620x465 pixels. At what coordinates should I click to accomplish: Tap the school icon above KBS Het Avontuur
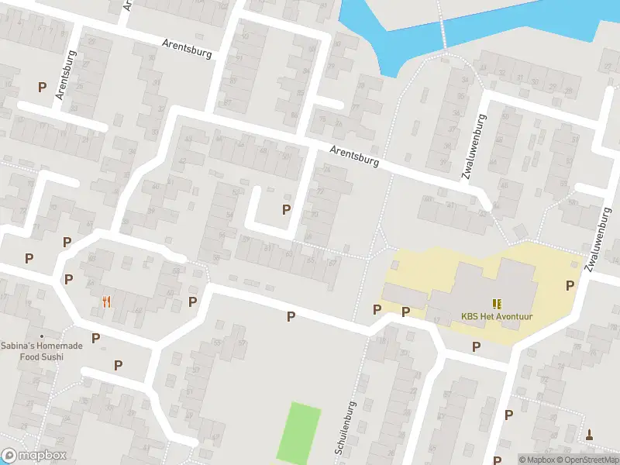(495, 303)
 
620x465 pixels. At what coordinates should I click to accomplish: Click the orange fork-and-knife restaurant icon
(106, 301)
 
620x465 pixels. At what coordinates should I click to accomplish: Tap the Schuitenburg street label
(345, 428)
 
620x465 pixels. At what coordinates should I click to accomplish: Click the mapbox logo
(34, 456)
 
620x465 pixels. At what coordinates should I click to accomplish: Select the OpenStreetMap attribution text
(588, 460)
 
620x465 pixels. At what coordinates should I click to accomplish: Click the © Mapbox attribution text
(538, 460)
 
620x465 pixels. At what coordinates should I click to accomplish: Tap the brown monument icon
(590, 434)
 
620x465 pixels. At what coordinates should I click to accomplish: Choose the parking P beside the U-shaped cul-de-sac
(286, 209)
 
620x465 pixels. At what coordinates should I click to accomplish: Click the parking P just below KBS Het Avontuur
(476, 346)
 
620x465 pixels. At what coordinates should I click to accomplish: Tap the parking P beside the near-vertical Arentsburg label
(42, 88)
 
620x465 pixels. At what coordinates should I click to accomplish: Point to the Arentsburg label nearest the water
(354, 157)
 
